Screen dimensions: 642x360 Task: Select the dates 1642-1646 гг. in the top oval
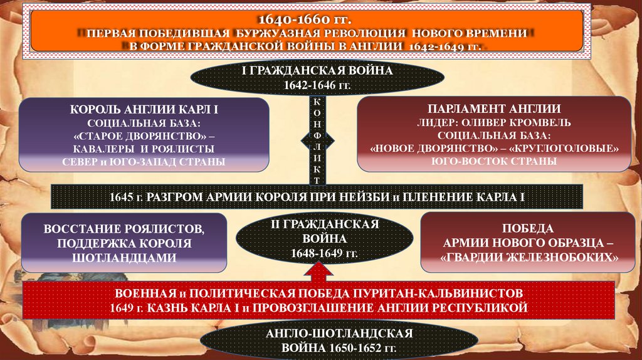317,84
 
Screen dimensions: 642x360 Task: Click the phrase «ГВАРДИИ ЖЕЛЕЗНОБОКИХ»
530,257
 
